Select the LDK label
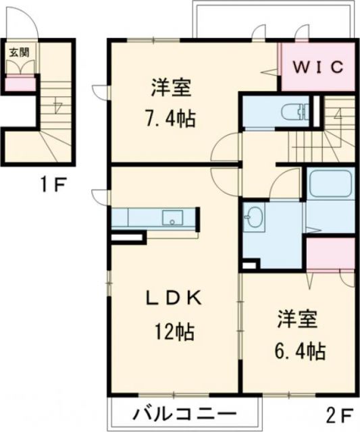pos(170,298)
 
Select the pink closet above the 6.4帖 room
pos(330,252)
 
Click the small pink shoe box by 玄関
pos(21,84)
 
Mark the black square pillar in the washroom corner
pos(249,264)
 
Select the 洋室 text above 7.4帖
pos(170,88)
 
